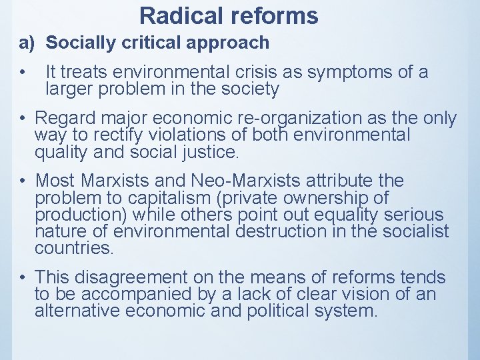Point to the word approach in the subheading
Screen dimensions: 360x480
point(234,43)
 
